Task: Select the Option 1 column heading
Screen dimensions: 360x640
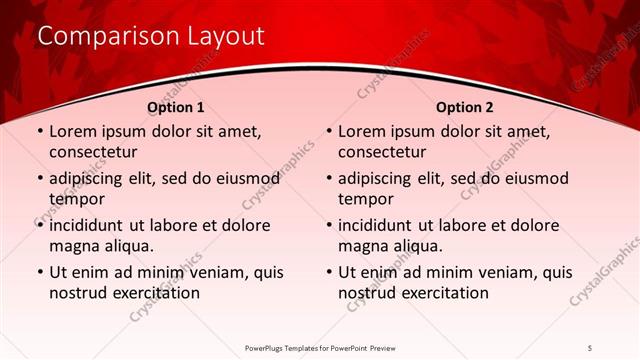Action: click(x=176, y=107)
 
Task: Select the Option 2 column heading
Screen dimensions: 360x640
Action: click(x=465, y=107)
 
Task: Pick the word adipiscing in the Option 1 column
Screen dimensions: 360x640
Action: click(x=91, y=179)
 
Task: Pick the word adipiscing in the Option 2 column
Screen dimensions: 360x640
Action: click(x=381, y=179)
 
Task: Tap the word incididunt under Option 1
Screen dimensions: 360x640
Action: click(x=91, y=225)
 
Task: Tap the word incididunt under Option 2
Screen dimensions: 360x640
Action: click(x=381, y=225)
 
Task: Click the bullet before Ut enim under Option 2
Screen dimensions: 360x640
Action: click(x=328, y=272)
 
